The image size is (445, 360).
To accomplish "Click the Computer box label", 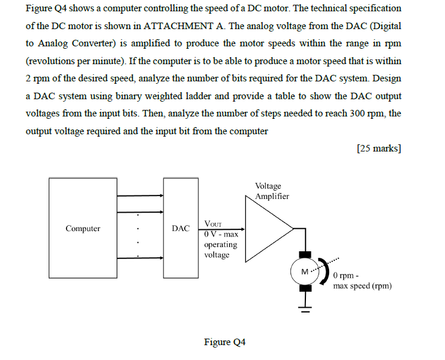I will tap(83, 228).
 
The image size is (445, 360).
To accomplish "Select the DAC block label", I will tap(181, 228).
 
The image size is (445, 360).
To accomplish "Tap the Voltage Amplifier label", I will tap(272, 191).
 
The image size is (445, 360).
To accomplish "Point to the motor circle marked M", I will tap(305, 271).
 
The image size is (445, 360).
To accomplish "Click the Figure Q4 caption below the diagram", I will tap(225, 342).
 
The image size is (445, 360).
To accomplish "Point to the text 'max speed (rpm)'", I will tap(362, 286).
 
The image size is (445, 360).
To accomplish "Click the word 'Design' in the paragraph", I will tap(386, 78).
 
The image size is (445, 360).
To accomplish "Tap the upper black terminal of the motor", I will tap(305, 254).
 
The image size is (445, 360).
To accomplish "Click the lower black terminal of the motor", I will tap(305, 289).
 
